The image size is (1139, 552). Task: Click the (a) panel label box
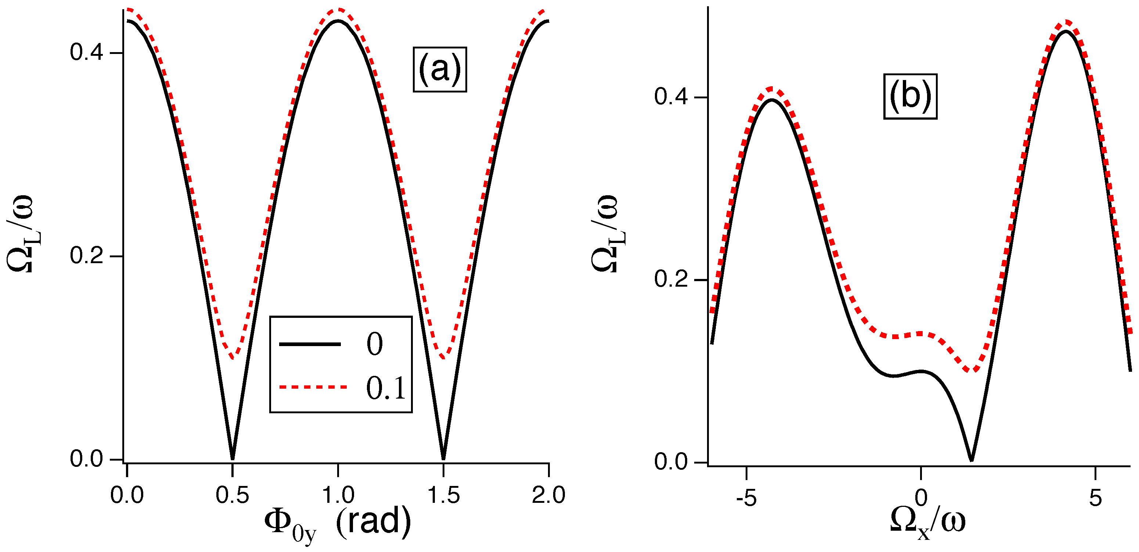pos(440,69)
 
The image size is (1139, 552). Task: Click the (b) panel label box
pos(910,97)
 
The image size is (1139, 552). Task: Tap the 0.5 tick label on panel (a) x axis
pos(232,495)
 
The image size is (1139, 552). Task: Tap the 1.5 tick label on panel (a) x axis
pos(443,495)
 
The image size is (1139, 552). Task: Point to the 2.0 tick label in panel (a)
pos(548,495)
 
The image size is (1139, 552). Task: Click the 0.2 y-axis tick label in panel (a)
pos(86,256)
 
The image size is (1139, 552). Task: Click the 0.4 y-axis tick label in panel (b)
pos(671,97)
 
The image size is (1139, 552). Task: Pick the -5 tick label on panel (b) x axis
pos(746,498)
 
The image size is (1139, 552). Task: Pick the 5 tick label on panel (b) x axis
pos(1095,498)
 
